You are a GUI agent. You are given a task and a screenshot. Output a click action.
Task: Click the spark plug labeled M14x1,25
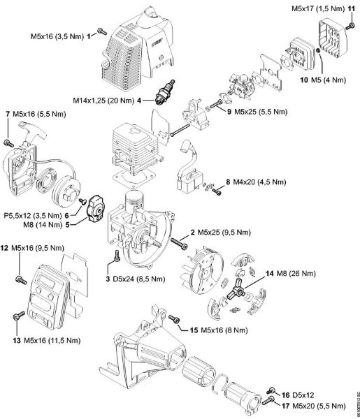[x=168, y=94]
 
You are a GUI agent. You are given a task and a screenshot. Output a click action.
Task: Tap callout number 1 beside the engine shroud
[x=89, y=35]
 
